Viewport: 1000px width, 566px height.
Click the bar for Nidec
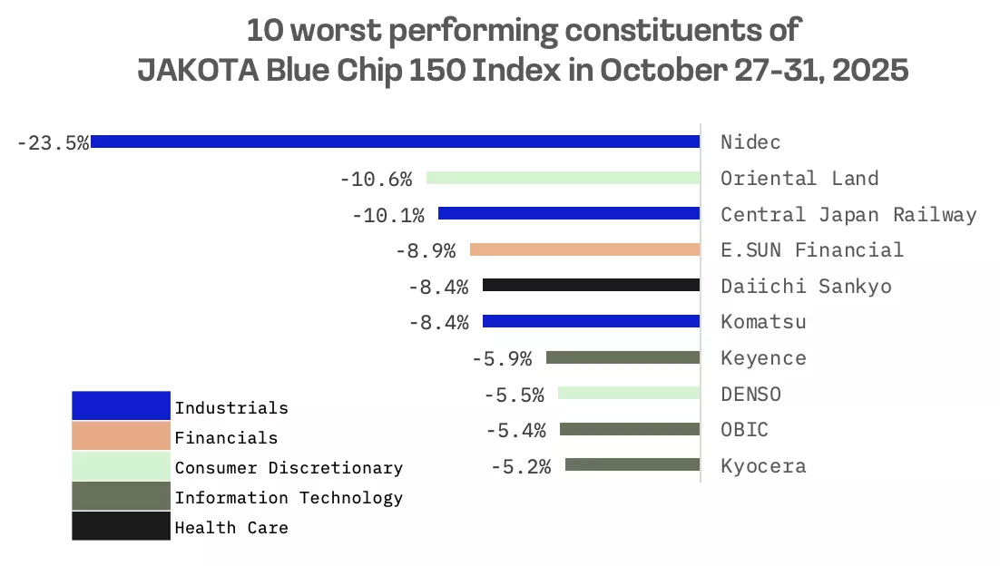click(395, 141)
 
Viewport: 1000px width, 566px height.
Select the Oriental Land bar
click(563, 178)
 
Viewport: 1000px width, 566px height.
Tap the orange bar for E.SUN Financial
click(584, 249)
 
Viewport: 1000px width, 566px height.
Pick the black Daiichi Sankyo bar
click(591, 285)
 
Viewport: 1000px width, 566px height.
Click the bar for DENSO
click(628, 393)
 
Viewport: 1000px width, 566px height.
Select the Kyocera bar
click(632, 464)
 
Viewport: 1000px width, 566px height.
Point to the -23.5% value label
click(53, 142)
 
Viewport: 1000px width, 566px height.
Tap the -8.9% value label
click(425, 250)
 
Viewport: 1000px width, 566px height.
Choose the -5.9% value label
click(501, 358)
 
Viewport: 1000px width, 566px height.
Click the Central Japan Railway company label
click(848, 215)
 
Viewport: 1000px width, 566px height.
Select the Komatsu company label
click(762, 322)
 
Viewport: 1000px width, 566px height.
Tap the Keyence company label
click(762, 358)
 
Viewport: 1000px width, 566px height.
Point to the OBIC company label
click(744, 430)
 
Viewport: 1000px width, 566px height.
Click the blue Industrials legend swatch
click(121, 405)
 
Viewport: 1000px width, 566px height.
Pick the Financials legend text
click(226, 437)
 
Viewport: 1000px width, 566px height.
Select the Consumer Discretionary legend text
click(289, 467)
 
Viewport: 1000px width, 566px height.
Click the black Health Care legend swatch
click(121, 526)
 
